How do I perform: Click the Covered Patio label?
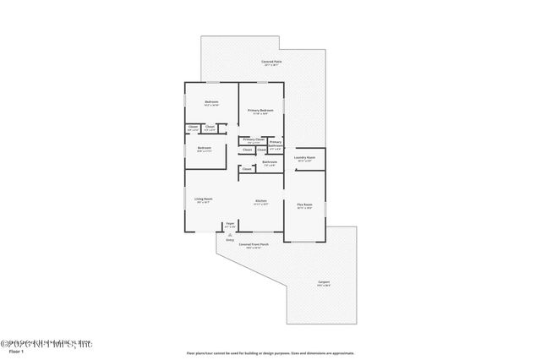[x=272, y=62]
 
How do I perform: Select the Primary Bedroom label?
[x=260, y=111]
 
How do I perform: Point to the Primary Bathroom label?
[x=276, y=143]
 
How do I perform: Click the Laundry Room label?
[x=305, y=158]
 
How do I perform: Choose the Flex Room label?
[x=304, y=205]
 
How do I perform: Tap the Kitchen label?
[x=261, y=201]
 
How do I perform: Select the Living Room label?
[x=205, y=199]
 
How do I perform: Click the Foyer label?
[x=230, y=226]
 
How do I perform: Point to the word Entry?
[x=230, y=240]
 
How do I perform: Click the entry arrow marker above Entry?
[x=230, y=234]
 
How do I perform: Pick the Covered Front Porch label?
[x=254, y=245]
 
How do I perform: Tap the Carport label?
[x=324, y=282]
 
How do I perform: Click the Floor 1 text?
[x=15, y=351]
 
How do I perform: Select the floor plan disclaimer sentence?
[x=270, y=352]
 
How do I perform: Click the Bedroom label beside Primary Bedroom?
[x=211, y=103]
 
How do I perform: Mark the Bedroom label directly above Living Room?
[x=205, y=149]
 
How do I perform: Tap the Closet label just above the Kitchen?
[x=247, y=169]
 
